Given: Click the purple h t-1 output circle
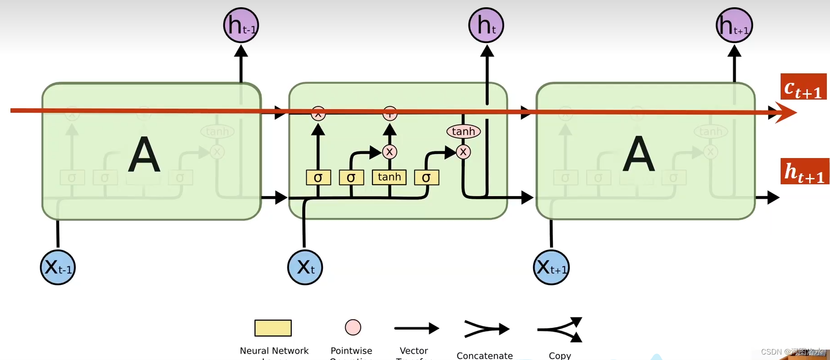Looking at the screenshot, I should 241,25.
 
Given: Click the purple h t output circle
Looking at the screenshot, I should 486,25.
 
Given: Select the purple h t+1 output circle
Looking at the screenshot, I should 734,25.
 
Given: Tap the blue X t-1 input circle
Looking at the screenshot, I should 58,267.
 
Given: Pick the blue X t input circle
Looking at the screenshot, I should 305,267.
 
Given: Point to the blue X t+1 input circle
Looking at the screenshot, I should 551,267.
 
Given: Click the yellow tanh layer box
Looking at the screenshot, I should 389,177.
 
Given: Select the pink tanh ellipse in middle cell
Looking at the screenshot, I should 463,131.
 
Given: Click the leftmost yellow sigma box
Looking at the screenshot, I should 318,178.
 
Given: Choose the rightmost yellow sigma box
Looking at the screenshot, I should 426,178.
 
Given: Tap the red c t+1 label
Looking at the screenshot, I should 803,87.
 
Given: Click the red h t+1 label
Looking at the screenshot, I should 805,172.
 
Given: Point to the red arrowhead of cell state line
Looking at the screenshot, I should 786,112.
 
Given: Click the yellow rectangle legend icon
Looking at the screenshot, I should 273,328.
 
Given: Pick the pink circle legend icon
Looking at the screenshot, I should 353,327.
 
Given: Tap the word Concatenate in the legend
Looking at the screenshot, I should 484,355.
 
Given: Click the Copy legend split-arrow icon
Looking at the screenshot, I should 560,329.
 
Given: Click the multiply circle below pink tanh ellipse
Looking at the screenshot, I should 463,152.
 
